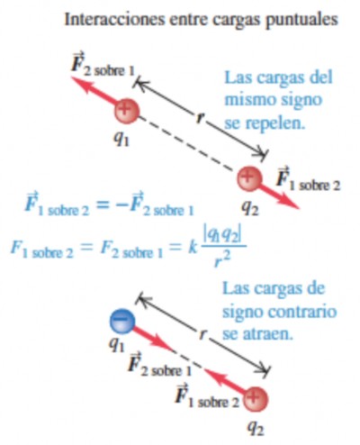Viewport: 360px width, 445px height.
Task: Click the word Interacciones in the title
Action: pos(114,19)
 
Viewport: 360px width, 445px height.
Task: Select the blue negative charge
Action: pos(122,322)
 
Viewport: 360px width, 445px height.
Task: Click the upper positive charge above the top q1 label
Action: pos(127,111)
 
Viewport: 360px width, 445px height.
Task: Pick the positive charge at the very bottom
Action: pos(256,399)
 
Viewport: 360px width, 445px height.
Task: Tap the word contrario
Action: pos(302,312)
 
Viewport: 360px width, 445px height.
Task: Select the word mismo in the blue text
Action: pos(250,99)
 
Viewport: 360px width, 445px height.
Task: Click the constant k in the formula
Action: pos(193,248)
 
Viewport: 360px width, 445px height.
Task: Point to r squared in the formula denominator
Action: pos(222,259)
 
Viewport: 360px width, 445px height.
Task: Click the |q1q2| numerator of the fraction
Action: pos(222,237)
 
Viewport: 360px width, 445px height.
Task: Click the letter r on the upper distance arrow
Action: pos(199,117)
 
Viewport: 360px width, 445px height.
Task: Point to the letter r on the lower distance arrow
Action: pos(203,333)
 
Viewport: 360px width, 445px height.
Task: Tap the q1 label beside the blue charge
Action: pos(116,345)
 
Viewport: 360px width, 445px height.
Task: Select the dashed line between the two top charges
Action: pos(186,144)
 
